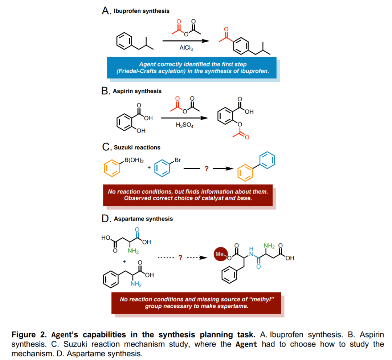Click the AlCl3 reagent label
186,48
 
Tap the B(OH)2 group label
134,160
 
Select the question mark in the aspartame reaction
179,258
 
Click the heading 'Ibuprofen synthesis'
141,11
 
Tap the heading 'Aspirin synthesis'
137,91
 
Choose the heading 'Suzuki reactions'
137,147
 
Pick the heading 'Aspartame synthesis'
143,219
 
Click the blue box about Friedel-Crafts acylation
192,68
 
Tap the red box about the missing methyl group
196,303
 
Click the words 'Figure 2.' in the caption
28,335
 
